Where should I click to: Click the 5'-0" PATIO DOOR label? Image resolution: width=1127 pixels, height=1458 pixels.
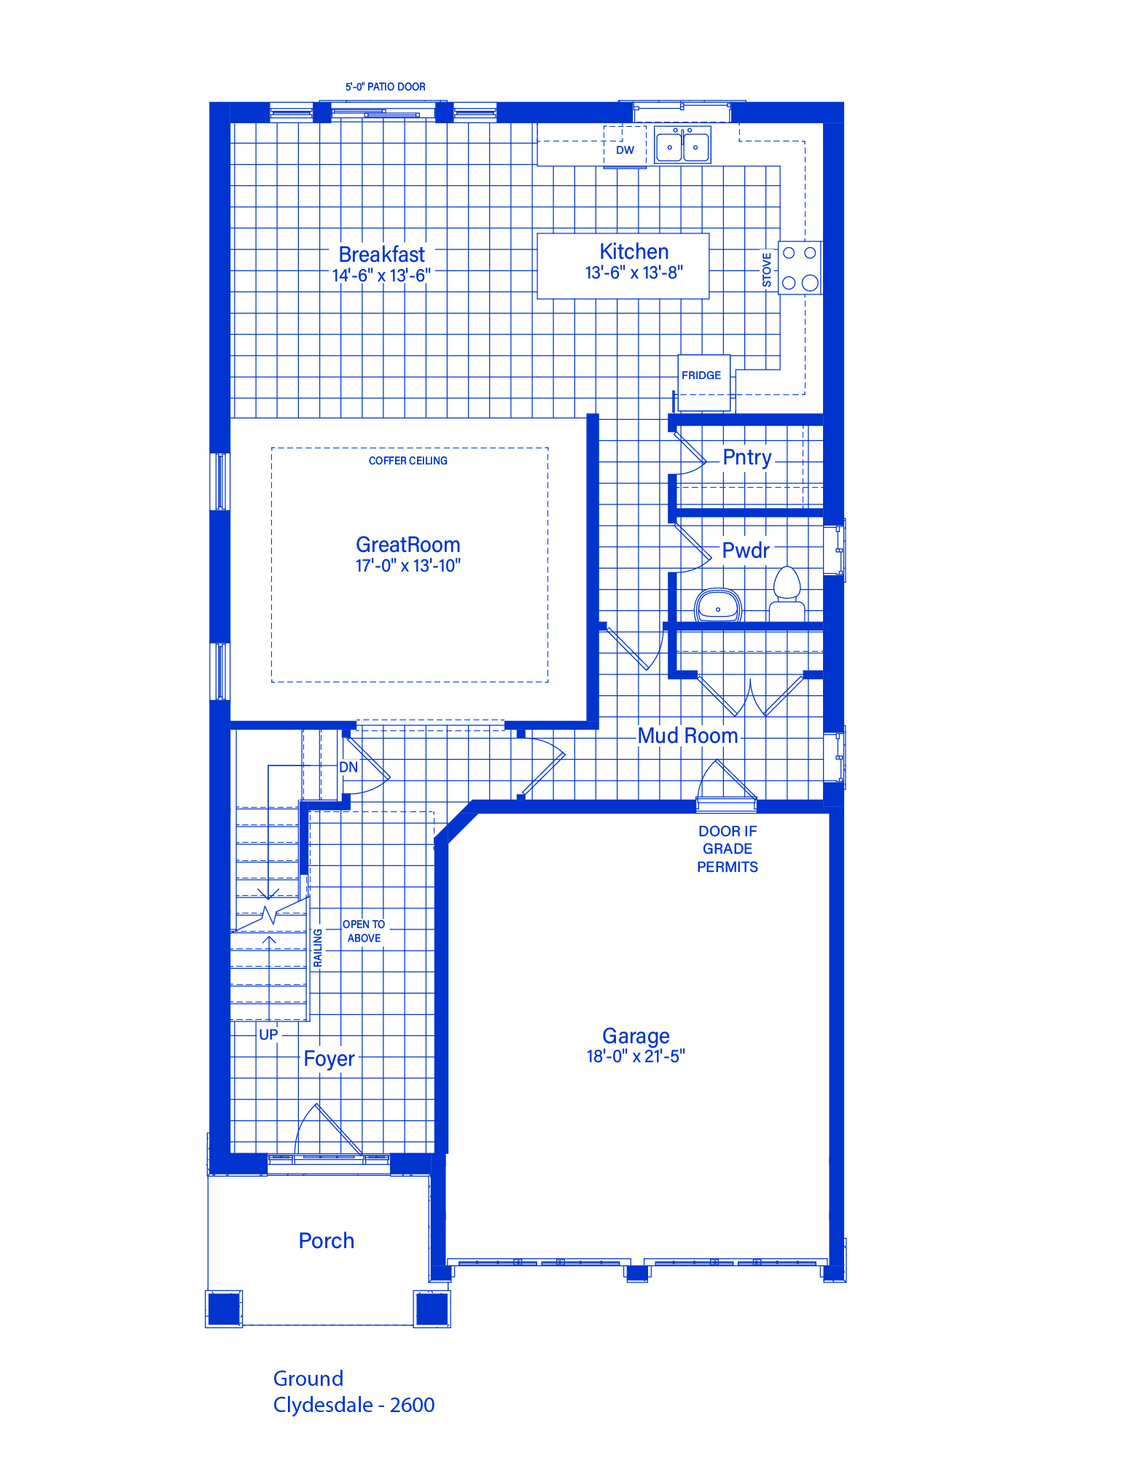coord(385,87)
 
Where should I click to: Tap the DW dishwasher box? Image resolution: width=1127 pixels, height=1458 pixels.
coord(625,147)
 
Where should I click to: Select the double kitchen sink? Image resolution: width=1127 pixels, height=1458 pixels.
coord(682,144)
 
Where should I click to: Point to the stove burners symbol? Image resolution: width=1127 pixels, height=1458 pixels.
coord(800,268)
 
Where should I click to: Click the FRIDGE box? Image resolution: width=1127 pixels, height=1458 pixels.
coord(703,383)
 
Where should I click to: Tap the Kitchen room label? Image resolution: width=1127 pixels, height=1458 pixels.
coord(634,252)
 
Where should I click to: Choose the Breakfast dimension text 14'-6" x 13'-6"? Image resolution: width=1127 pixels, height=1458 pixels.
coord(381,276)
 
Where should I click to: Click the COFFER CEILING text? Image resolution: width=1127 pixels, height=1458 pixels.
coord(408,461)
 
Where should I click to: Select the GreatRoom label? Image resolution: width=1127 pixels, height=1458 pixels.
coord(408,545)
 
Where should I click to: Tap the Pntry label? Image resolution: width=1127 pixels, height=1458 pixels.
coord(747,458)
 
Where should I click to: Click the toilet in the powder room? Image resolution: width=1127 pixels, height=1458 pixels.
coord(787,593)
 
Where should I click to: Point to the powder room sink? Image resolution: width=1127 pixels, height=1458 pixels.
coord(718,605)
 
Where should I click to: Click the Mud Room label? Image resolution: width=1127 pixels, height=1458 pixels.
coord(688,736)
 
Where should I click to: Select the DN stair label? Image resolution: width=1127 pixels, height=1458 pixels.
coord(348,767)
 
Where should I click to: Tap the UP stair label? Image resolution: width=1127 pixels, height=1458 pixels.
coord(268,1034)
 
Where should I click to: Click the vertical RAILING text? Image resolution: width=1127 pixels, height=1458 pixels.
coord(318,948)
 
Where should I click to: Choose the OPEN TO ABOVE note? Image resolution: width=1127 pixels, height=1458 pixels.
coord(364,931)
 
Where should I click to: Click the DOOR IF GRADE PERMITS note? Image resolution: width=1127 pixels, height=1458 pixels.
coord(728,849)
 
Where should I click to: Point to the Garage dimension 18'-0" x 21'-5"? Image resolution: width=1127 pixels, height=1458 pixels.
coord(636,1056)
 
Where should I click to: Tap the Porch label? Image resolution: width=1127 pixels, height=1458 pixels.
coord(327,1241)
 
